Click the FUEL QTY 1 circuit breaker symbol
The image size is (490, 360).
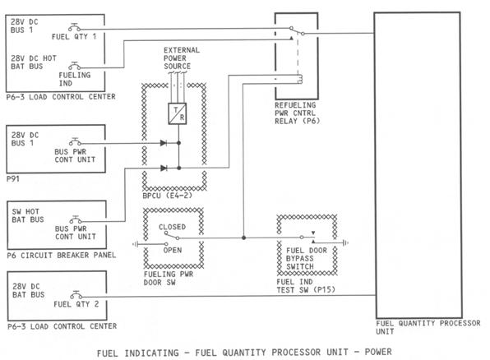(x=74, y=27)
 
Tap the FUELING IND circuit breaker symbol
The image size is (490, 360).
(x=74, y=66)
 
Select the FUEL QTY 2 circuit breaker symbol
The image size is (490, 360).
(x=76, y=295)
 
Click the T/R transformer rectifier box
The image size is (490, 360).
(x=178, y=113)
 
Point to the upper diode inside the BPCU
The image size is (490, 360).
(x=164, y=143)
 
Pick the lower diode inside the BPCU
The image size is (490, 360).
(x=164, y=168)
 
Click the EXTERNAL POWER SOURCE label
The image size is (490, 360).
(x=182, y=58)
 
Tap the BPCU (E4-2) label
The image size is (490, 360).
(x=167, y=196)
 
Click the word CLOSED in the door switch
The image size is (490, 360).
(x=172, y=227)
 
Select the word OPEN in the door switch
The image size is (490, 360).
(x=172, y=250)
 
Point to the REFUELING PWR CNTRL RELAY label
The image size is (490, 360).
(x=298, y=113)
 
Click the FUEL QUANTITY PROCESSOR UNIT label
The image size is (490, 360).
(x=428, y=327)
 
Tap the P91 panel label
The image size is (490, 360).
(x=13, y=178)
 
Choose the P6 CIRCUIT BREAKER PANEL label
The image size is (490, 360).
(x=61, y=256)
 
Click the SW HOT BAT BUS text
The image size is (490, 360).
(x=28, y=215)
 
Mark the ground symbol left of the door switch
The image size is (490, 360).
(x=136, y=244)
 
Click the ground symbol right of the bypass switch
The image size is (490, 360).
(x=345, y=242)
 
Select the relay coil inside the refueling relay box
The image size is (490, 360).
(x=300, y=79)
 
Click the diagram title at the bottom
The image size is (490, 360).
(x=244, y=353)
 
